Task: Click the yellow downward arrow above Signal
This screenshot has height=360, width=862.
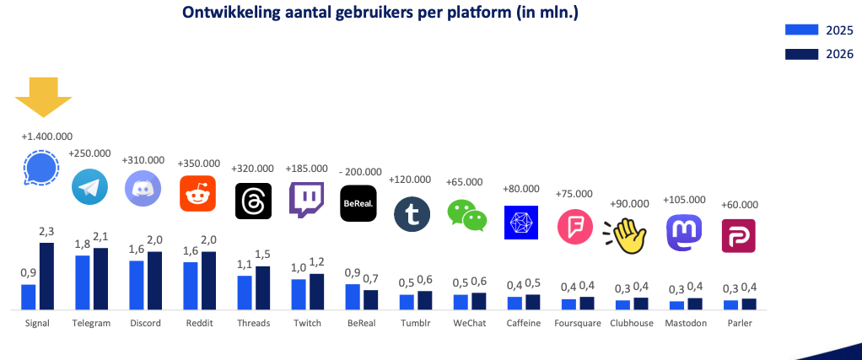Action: [x=43, y=94]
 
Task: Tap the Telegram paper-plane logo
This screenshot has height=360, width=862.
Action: [x=90, y=187]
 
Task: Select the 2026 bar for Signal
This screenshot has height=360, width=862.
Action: [x=47, y=276]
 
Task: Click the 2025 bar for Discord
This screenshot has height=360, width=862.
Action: [x=137, y=285]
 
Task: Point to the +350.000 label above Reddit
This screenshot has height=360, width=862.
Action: [x=200, y=163]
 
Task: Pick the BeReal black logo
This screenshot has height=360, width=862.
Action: [x=358, y=203]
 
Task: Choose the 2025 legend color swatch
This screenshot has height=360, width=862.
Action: [x=802, y=30]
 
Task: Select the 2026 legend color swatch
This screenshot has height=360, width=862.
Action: [x=802, y=55]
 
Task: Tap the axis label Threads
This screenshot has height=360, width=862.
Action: [x=253, y=323]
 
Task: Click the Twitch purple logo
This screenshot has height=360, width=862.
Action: [x=306, y=201]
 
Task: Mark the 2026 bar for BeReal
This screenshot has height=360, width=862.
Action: [x=371, y=299]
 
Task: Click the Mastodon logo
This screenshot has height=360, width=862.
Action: [x=683, y=232]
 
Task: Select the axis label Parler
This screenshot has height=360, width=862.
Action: [x=738, y=323]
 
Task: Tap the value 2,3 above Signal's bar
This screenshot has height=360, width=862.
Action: [x=46, y=232]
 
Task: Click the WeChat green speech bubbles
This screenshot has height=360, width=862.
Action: [x=467, y=214]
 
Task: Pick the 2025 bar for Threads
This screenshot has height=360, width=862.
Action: [x=245, y=292]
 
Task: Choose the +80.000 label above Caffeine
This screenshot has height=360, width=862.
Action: [x=521, y=188]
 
